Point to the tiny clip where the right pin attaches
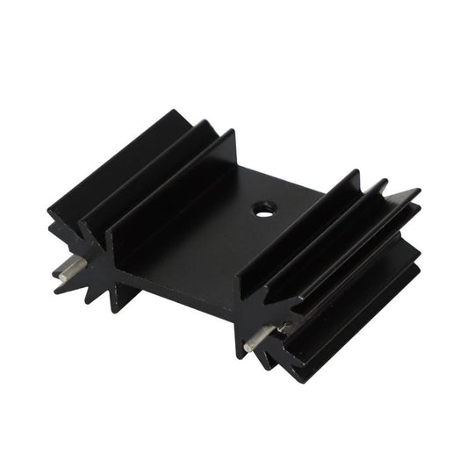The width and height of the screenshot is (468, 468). (x=284, y=328)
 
